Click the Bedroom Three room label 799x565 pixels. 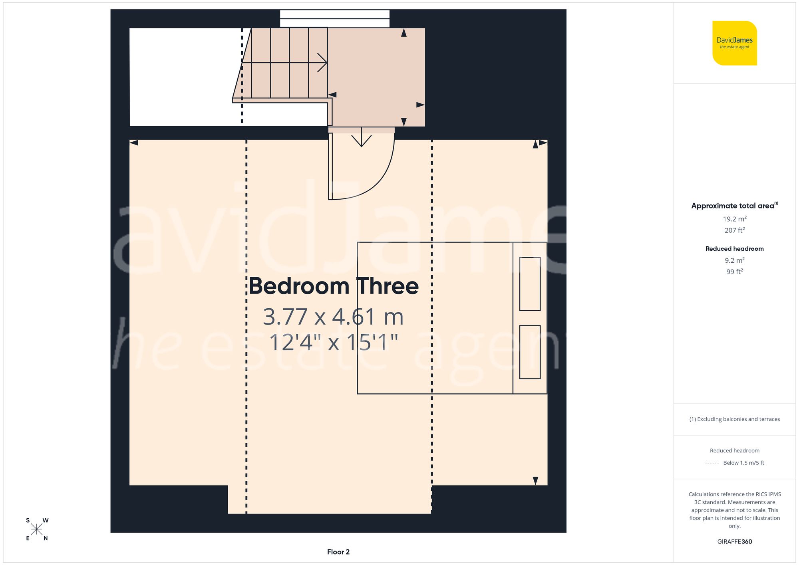pyautogui.click(x=334, y=286)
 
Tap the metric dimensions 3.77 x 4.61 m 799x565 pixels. pyautogui.click(x=333, y=317)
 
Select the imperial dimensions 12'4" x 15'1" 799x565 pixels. pyautogui.click(x=333, y=343)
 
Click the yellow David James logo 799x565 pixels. pyautogui.click(x=734, y=43)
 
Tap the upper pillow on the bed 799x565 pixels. pyautogui.click(x=530, y=284)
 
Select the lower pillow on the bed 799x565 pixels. pyautogui.click(x=530, y=352)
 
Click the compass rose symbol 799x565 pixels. pyautogui.click(x=36, y=529)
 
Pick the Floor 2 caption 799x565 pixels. pyautogui.click(x=338, y=552)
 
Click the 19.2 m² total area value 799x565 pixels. pyautogui.click(x=734, y=219)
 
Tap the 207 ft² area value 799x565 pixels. pyautogui.click(x=734, y=230)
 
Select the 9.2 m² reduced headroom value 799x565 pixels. pyautogui.click(x=734, y=260)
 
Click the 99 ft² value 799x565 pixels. pyautogui.click(x=734, y=272)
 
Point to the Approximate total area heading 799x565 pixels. pyautogui.click(x=734, y=206)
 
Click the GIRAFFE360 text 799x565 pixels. pyautogui.click(x=734, y=542)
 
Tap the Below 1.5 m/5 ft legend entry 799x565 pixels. pyautogui.click(x=743, y=463)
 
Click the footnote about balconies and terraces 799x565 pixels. pyautogui.click(x=734, y=419)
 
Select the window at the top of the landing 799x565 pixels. pyautogui.click(x=334, y=18)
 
